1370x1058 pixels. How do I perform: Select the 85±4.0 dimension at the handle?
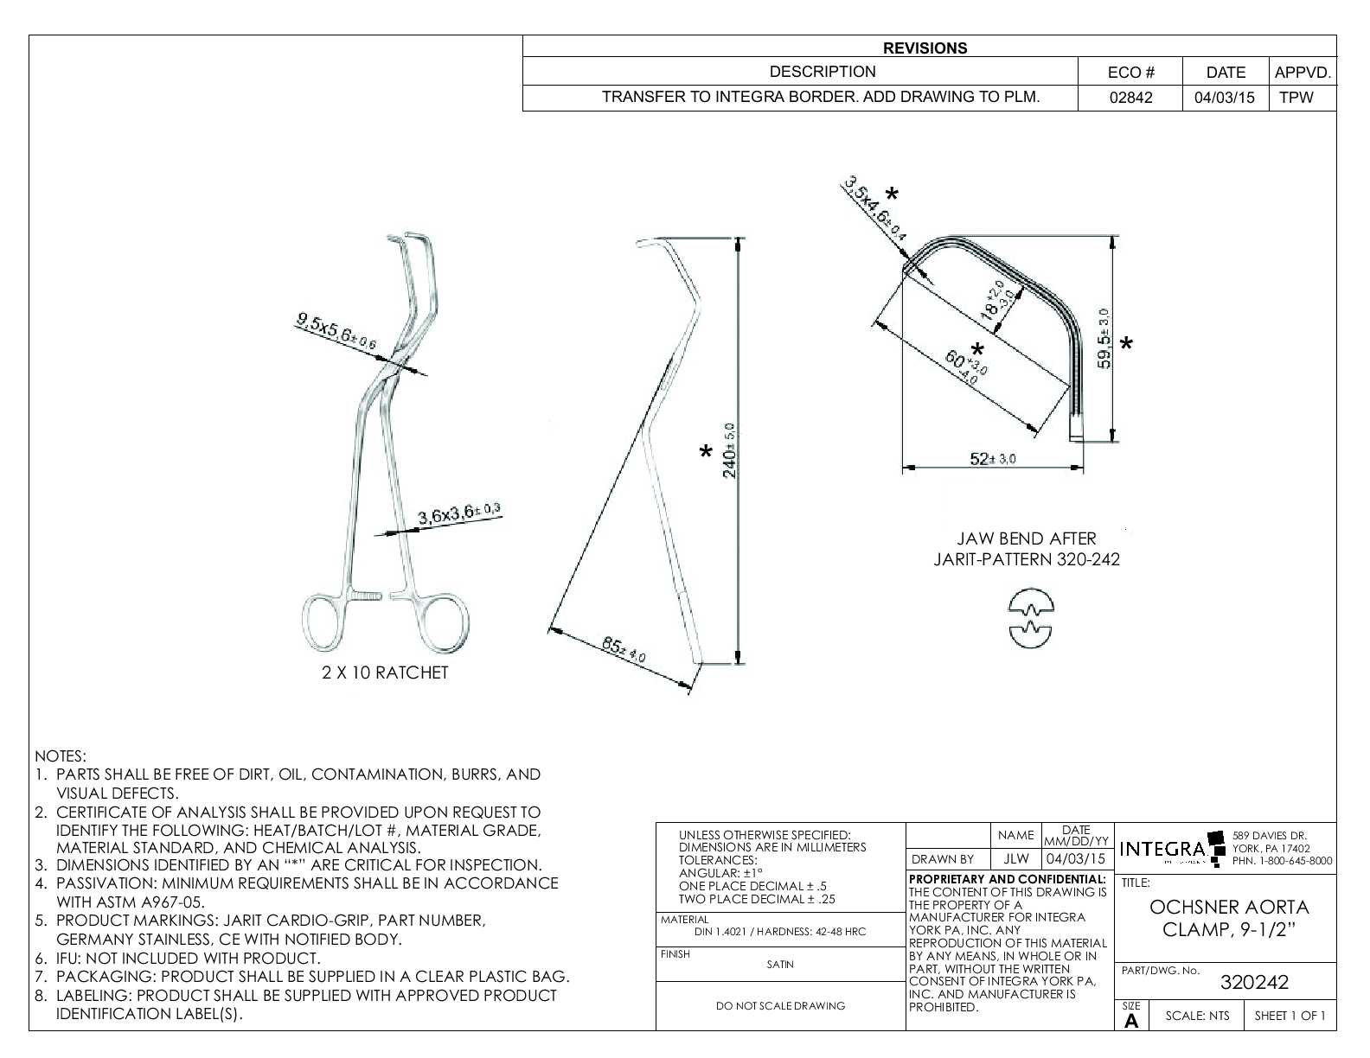click(x=624, y=650)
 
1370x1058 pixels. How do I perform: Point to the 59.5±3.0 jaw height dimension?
click(x=1103, y=338)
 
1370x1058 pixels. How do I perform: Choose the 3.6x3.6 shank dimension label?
click(x=459, y=515)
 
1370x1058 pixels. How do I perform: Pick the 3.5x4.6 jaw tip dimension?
click(x=874, y=208)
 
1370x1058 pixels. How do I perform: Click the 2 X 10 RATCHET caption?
click(x=385, y=672)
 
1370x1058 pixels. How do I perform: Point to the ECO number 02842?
click(x=1130, y=98)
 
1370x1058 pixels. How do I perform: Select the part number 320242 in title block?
click(x=1254, y=983)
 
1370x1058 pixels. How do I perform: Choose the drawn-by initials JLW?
click(x=1015, y=859)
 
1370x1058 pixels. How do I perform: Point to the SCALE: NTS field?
click(x=1197, y=1016)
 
